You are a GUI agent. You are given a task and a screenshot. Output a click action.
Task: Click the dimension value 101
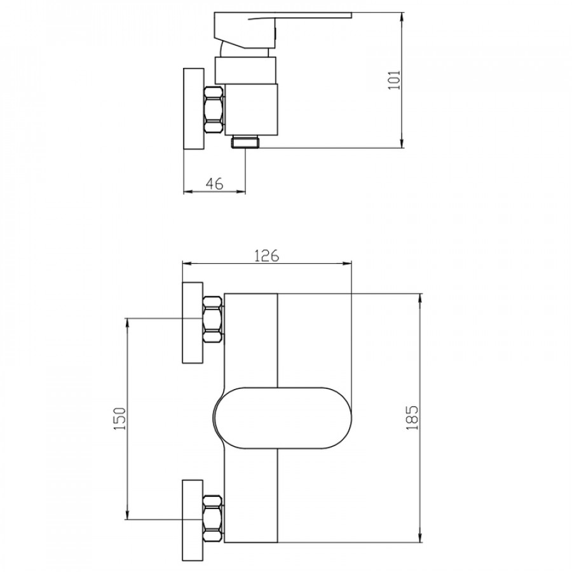pyautogui.click(x=394, y=80)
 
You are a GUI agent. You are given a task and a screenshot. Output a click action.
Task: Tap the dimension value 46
pyautogui.click(x=215, y=184)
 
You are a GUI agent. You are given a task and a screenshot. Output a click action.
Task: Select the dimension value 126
pyautogui.click(x=267, y=255)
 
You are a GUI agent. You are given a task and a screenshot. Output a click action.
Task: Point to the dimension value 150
pyautogui.click(x=120, y=418)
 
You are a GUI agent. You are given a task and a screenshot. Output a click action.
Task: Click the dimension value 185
pyautogui.click(x=412, y=418)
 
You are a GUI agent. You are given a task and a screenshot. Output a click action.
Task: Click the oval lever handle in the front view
pyautogui.click(x=282, y=418)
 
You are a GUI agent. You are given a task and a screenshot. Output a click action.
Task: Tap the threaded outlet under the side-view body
pyautogui.click(x=245, y=141)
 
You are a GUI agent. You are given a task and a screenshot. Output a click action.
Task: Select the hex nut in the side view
pyautogui.click(x=214, y=109)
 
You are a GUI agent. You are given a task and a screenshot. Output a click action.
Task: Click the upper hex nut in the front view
pyautogui.click(x=213, y=320)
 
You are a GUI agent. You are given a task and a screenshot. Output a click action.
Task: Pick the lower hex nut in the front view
pyautogui.click(x=213, y=519)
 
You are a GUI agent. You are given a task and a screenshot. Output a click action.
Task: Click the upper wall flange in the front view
pyautogui.click(x=193, y=322)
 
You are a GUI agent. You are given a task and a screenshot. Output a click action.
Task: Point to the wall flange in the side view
pyautogui.click(x=194, y=108)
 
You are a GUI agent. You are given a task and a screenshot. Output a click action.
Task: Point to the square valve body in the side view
pyautogui.click(x=251, y=109)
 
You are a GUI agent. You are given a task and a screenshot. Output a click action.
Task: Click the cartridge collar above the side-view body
pyautogui.click(x=245, y=71)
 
